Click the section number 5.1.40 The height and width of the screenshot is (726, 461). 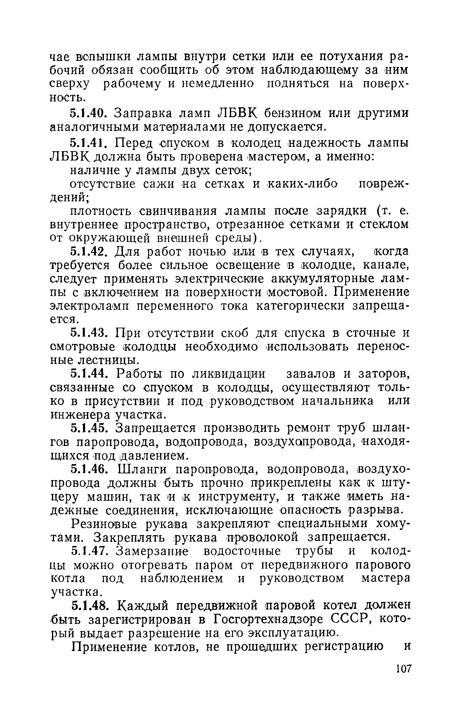click(89, 113)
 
